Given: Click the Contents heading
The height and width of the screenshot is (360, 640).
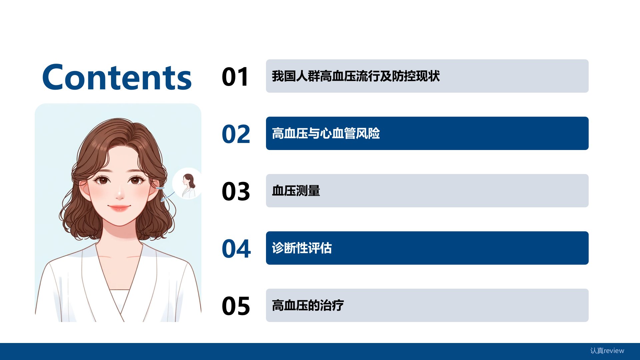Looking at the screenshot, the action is [117, 77].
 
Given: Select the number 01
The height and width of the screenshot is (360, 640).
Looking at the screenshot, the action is [236, 77].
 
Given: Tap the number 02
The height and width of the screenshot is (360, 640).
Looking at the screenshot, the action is [236, 134].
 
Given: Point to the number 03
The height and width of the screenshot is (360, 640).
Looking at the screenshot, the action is [236, 192].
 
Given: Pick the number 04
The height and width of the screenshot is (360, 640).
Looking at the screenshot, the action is [236, 249].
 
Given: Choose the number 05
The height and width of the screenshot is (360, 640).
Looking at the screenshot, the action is [236, 306].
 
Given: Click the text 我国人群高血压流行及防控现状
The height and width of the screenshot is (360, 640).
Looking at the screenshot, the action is [356, 76].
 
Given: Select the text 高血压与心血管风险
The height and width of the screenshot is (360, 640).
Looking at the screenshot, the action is [326, 133].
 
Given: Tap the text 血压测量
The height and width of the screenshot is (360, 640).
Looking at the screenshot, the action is [296, 191].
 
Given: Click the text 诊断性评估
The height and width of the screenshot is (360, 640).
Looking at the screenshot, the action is [302, 248].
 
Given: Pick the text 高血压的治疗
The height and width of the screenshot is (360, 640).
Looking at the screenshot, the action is [308, 305].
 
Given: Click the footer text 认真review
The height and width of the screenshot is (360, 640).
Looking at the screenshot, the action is [607, 351].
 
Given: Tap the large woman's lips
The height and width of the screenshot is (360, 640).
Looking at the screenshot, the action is [119, 208].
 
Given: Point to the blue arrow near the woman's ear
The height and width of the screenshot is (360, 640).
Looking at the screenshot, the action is [167, 197].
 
